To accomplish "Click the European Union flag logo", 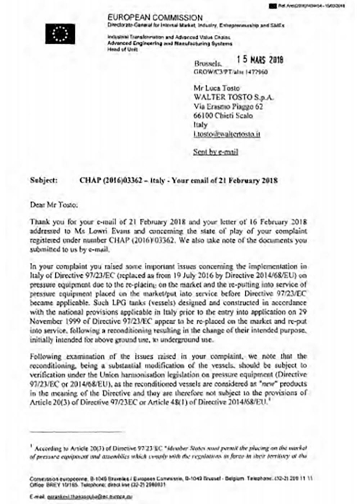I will pyautogui.click(x=60, y=33).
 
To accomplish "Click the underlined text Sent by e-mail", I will pyautogui.click(x=216, y=152).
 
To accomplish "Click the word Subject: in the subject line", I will pyautogui.click(x=44, y=180).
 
